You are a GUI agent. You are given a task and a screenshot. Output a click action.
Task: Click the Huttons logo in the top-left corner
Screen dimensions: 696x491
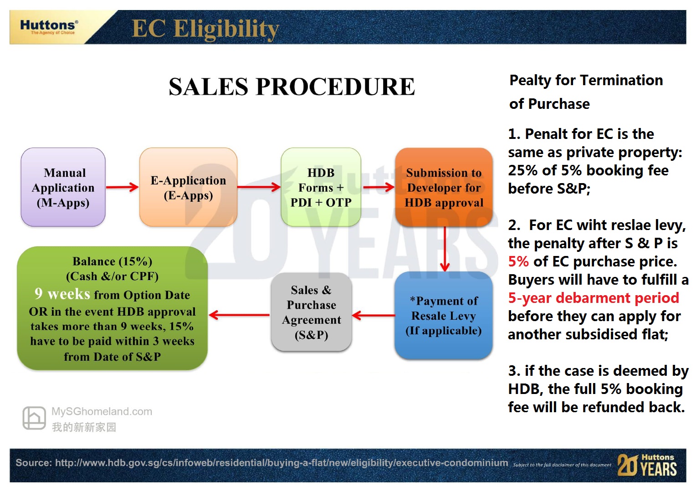click(49, 27)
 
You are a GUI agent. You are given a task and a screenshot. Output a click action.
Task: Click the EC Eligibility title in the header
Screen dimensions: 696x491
click(205, 29)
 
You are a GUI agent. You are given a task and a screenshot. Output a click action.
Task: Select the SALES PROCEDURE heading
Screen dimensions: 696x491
click(292, 87)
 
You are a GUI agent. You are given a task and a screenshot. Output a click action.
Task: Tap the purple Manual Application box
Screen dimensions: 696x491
click(63, 187)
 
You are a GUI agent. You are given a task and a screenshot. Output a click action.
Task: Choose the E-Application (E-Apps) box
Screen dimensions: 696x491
click(188, 187)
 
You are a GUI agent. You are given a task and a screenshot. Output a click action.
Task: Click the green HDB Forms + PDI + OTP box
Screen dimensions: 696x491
click(321, 187)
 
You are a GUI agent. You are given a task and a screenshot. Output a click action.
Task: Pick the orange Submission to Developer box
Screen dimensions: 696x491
click(444, 187)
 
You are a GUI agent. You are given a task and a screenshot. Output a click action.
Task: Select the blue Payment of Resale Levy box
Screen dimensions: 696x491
click(443, 316)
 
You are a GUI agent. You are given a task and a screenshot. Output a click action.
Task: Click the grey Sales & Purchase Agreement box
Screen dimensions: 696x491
click(312, 312)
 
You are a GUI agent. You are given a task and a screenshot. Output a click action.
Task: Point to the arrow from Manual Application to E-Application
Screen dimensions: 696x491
click(122, 187)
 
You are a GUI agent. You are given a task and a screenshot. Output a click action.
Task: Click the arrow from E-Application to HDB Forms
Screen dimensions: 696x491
click(259, 187)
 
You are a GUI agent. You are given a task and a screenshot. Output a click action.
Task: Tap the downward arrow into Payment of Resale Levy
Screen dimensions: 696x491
click(445, 249)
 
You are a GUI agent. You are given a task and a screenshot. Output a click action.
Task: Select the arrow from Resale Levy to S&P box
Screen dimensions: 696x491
click(374, 316)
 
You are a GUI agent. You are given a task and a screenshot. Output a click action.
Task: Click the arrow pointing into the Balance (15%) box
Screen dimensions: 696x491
click(239, 315)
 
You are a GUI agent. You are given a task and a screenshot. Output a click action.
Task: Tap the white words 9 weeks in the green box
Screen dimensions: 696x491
click(62, 294)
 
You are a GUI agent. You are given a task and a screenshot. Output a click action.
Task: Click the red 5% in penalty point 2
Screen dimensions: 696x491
click(518, 261)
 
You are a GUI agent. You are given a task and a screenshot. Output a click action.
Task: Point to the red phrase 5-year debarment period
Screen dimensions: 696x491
click(594, 298)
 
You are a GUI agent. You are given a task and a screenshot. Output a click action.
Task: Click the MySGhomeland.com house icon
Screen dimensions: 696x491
click(34, 418)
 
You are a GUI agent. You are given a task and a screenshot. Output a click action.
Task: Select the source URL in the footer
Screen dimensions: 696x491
click(281, 463)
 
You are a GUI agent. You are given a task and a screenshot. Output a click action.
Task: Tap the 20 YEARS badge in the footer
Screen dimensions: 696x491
click(647, 465)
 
